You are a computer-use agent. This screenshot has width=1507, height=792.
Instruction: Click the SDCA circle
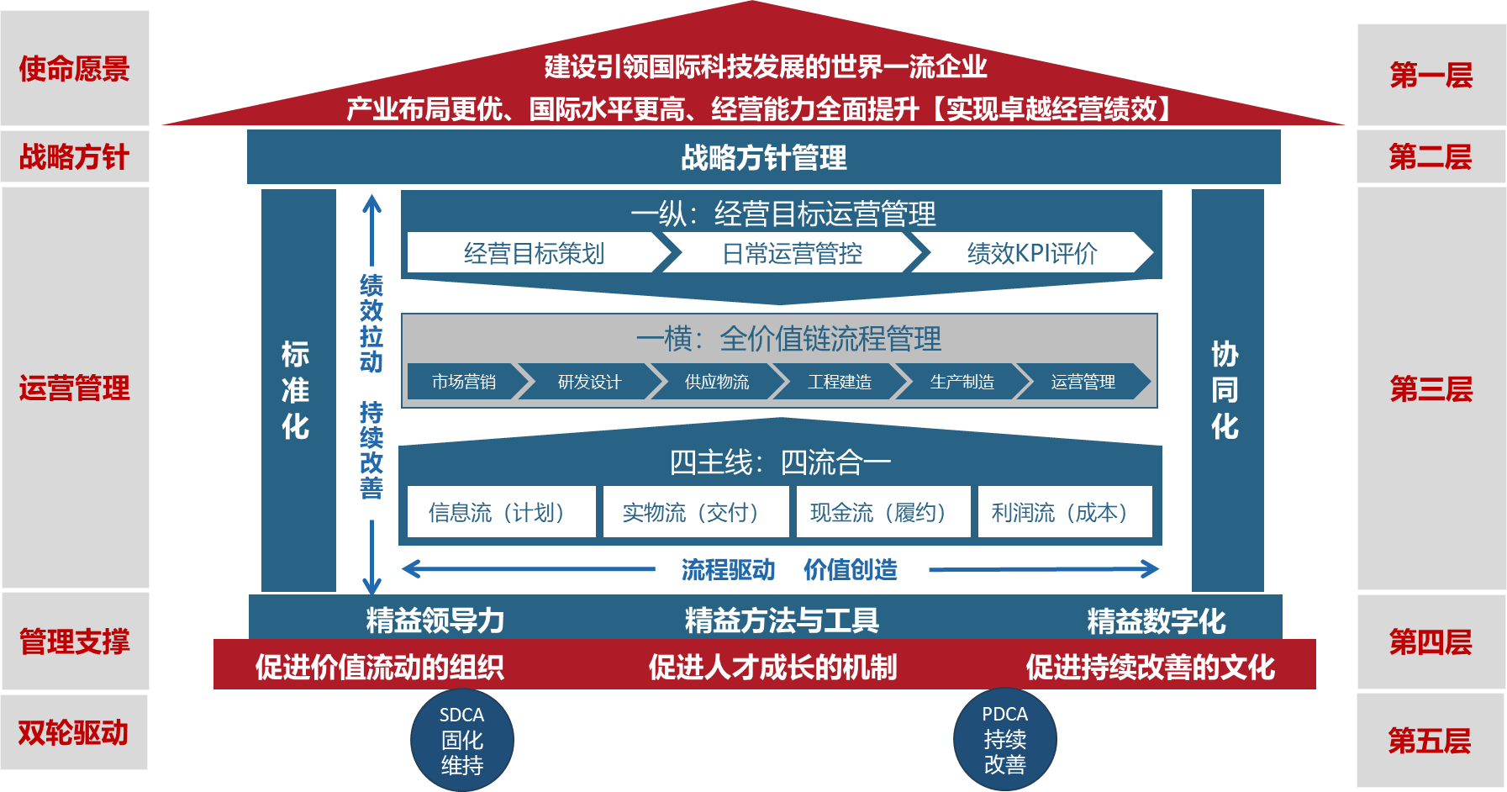461,740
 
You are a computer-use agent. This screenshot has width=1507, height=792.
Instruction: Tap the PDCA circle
1004,739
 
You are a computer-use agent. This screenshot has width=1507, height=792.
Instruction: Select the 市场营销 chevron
463,382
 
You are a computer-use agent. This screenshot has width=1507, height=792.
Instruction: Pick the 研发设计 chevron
589,382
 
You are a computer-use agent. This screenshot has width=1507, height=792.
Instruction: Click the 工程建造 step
839,382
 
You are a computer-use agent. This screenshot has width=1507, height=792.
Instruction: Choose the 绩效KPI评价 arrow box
1032,253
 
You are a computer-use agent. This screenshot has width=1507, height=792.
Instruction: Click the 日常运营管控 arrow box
792,253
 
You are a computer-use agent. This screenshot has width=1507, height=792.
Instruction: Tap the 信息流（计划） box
501,511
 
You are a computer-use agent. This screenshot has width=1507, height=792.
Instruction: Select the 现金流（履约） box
883,511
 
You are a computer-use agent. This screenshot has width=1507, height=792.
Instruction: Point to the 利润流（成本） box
1064,511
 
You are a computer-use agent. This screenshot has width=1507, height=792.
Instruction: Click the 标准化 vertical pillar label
296,390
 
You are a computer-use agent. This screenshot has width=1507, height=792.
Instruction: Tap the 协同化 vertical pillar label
1225,390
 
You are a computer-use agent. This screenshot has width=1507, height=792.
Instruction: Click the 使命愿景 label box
75,69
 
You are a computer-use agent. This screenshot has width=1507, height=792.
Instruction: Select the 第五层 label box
1430,741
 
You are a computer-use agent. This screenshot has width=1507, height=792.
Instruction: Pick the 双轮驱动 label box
74,732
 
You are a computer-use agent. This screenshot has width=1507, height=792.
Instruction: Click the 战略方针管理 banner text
763,157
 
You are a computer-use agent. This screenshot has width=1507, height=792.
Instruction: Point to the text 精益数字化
1156,620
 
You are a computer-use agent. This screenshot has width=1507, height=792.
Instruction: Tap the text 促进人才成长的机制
772,667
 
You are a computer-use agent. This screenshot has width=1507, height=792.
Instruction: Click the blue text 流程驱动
728,569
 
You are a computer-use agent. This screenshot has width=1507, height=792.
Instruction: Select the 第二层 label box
1430,156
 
